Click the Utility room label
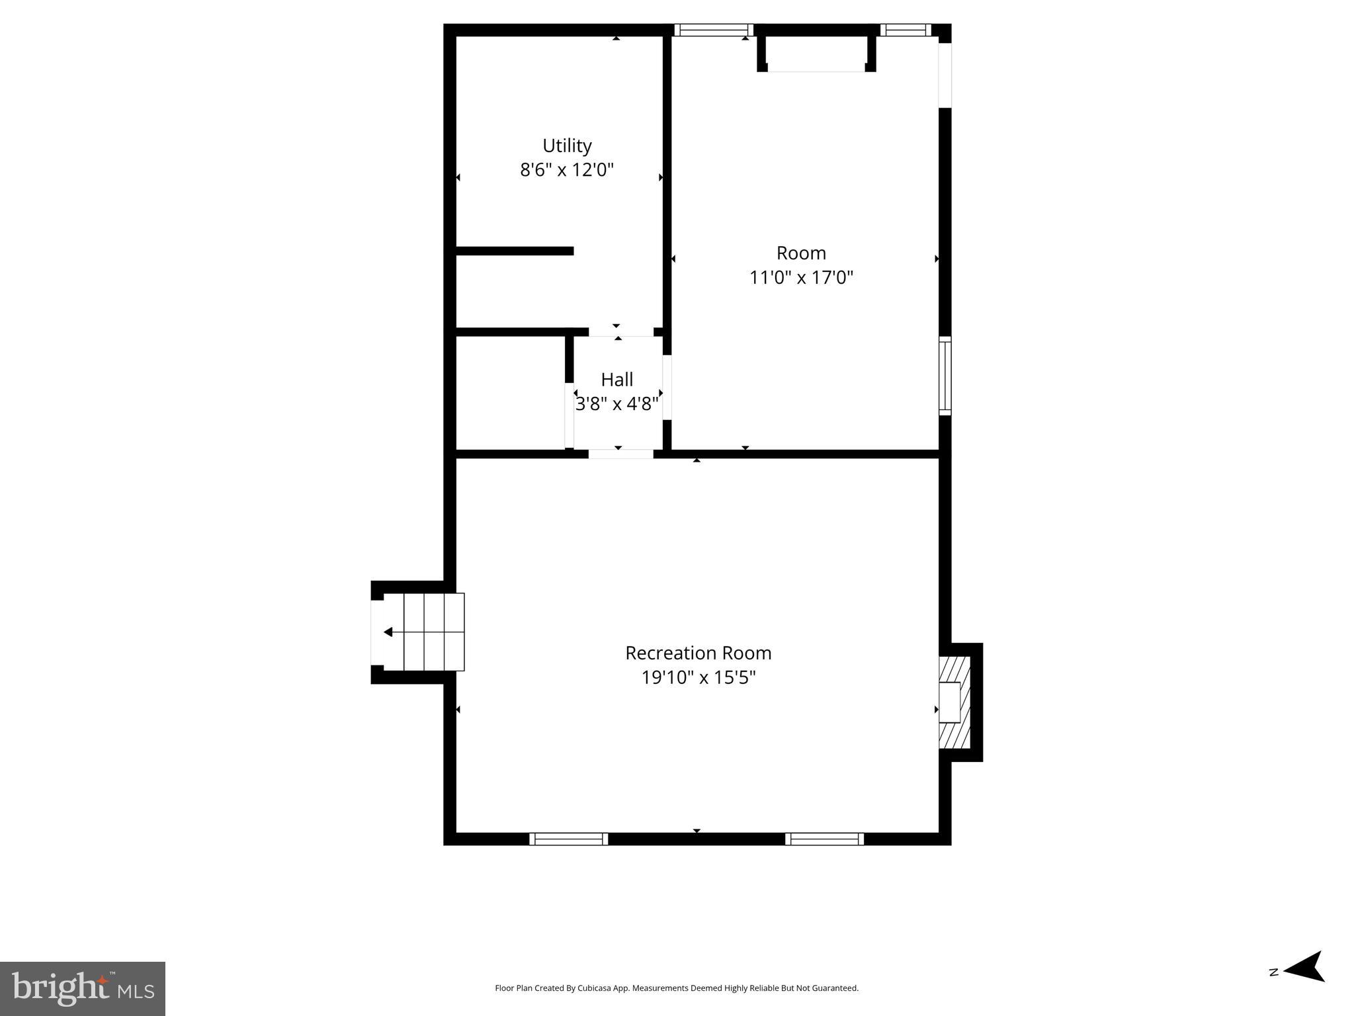[567, 146]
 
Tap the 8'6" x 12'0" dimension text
[567, 170]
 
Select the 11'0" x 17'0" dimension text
[801, 277]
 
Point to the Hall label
[616, 380]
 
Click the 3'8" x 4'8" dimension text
[616, 403]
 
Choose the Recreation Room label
[698, 653]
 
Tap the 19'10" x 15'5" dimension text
[698, 677]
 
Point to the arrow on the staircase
[388, 632]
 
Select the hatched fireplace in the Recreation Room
[955, 702]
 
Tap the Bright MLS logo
[83, 989]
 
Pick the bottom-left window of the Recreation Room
[568, 839]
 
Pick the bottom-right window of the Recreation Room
[824, 839]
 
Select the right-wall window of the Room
[945, 376]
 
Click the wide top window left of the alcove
[714, 30]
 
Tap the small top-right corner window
[905, 30]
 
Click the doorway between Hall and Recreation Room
[620, 454]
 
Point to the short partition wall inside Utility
[515, 251]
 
